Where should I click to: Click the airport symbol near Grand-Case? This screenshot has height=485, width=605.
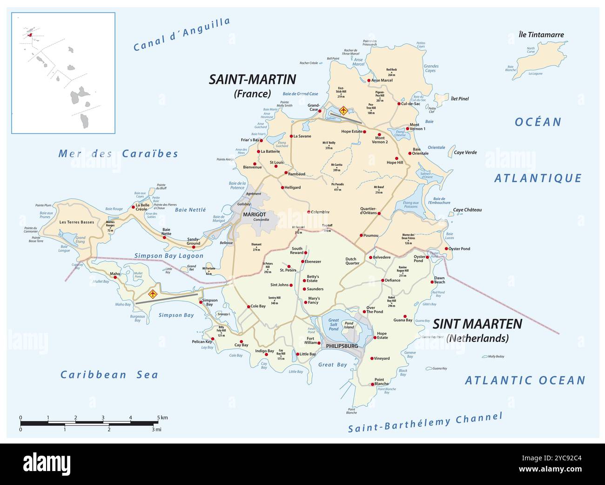coord(343,110)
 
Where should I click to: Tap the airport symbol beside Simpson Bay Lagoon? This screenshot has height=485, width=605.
coord(152,294)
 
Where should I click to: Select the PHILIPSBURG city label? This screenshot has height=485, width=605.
coord(342,346)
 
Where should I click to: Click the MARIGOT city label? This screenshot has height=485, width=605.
coord(254,214)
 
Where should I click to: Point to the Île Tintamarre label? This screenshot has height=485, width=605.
coord(541,34)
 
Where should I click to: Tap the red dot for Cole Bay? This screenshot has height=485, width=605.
coord(248,307)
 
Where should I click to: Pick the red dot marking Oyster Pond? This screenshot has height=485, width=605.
coord(446,249)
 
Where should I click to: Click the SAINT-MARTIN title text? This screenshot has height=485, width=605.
coord(252,79)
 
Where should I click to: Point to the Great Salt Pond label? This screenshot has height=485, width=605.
coord(334,324)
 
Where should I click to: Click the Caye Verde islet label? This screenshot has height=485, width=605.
coord(465,152)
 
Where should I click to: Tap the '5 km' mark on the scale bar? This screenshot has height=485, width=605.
coord(161,417)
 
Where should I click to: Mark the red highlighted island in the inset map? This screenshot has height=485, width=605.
coord(30,34)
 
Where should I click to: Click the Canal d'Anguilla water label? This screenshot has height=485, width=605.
coord(181,34)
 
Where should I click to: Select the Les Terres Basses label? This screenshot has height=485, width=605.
coord(77,222)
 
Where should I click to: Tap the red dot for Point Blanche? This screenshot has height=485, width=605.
coord(371,384)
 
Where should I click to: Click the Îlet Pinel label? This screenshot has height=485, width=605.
coord(459,99)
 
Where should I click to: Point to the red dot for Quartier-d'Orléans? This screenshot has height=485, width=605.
coord(379,213)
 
